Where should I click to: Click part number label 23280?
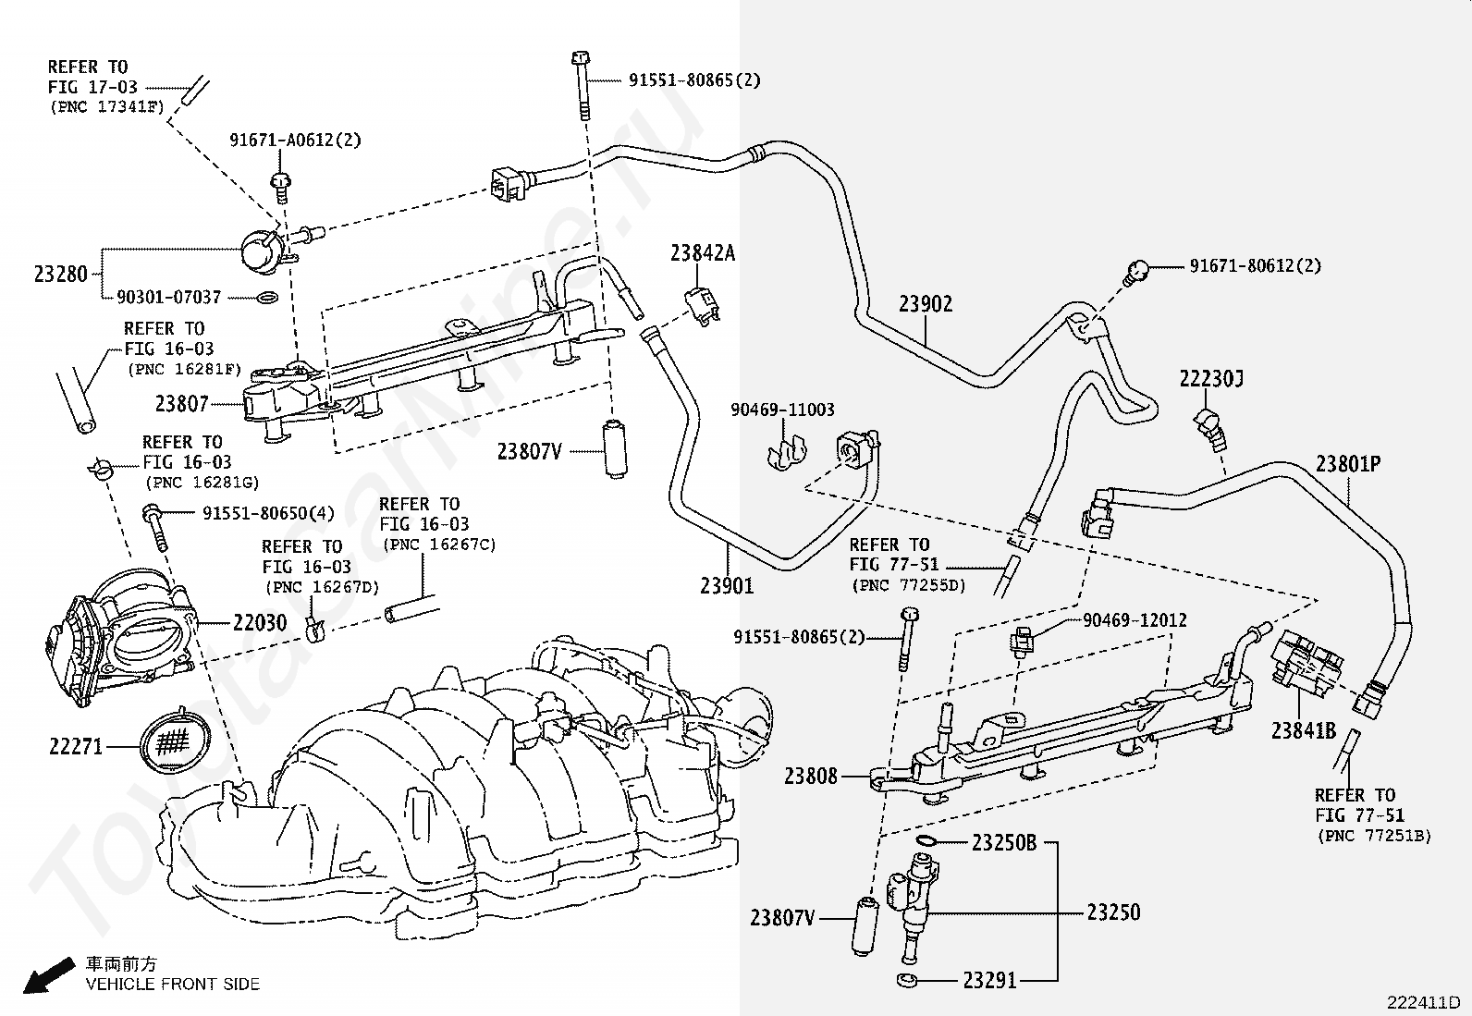pyautogui.click(x=60, y=274)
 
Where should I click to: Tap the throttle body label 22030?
pyautogui.click(x=260, y=622)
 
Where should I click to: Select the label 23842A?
pyautogui.click(x=703, y=252)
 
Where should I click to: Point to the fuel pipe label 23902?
pyautogui.click(x=926, y=303)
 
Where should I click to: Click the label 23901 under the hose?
pyautogui.click(x=727, y=585)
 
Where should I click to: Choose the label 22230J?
pyautogui.click(x=1211, y=378)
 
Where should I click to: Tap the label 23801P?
pyautogui.click(x=1348, y=464)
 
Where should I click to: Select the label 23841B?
pyautogui.click(x=1304, y=730)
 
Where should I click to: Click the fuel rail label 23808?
pyautogui.click(x=811, y=777)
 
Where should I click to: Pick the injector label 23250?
pyautogui.click(x=1114, y=912)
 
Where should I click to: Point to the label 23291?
pyautogui.click(x=990, y=980)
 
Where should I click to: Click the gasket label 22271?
pyautogui.click(x=76, y=747)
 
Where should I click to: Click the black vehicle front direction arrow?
pyautogui.click(x=49, y=975)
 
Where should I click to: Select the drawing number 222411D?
pyautogui.click(x=1423, y=1002)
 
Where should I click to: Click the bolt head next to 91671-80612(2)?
pyautogui.click(x=1137, y=270)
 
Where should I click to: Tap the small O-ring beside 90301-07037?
pyautogui.click(x=266, y=298)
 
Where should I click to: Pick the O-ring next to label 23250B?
pyautogui.click(x=926, y=840)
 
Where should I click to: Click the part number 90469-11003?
pyautogui.click(x=782, y=410)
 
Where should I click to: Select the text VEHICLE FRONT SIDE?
pyautogui.click(x=173, y=984)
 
